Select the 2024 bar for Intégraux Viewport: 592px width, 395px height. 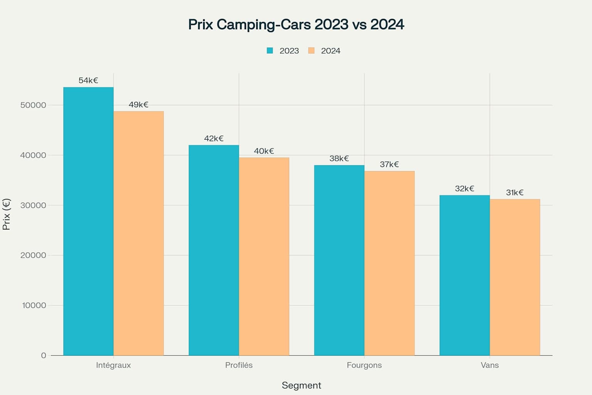[x=138, y=233]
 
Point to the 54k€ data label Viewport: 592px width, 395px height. [x=88, y=81]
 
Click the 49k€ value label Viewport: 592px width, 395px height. [x=138, y=105]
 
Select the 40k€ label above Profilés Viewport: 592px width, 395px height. [x=264, y=151]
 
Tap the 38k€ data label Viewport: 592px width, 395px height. [x=339, y=159]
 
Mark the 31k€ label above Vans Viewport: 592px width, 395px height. [x=515, y=192]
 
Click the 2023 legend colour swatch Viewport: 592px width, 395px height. [x=270, y=51]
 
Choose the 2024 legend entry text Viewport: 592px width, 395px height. [x=330, y=51]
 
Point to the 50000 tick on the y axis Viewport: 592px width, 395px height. [x=33, y=105]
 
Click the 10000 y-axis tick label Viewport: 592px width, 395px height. [x=34, y=306]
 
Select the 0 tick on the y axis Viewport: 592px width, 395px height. [x=44, y=356]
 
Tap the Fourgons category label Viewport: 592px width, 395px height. [x=364, y=365]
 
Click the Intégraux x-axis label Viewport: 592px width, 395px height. [x=113, y=365]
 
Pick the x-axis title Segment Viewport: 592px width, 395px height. [x=301, y=385]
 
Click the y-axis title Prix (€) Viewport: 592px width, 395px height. [x=7, y=214]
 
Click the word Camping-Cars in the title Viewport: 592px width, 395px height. [x=264, y=25]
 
